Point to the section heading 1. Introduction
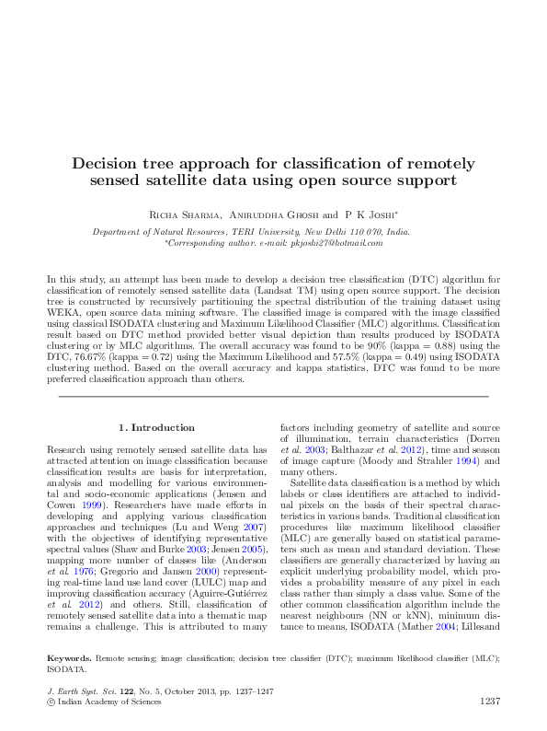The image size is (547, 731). [157, 427]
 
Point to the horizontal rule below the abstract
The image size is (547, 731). [273, 397]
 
